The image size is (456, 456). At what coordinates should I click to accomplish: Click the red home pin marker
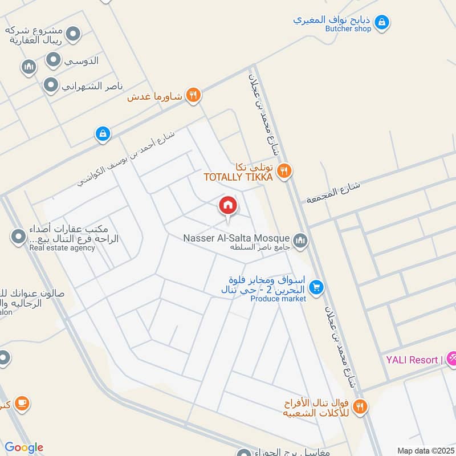click(227, 205)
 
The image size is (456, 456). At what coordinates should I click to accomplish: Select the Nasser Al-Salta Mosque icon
click(301, 241)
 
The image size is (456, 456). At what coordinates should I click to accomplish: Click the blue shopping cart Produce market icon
click(318, 287)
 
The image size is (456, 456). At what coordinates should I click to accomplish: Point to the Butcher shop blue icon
click(382, 22)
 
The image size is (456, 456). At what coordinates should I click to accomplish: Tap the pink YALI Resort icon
click(453, 359)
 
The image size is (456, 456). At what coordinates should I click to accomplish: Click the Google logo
click(24, 447)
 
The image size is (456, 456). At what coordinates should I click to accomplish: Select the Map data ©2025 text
click(424, 450)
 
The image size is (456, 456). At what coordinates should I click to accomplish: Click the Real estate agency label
click(62, 248)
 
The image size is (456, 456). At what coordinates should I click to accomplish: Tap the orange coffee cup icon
click(22, 403)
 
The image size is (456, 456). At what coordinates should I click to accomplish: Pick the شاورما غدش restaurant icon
click(193, 96)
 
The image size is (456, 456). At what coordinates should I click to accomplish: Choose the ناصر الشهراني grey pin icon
click(51, 85)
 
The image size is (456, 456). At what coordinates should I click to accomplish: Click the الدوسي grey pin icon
click(53, 60)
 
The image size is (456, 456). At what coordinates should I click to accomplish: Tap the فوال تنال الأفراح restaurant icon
click(360, 406)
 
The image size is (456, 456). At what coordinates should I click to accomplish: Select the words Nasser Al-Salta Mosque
click(237, 238)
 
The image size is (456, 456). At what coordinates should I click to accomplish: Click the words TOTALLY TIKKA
click(238, 177)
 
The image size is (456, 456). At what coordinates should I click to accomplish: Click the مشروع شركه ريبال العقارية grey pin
click(73, 35)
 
